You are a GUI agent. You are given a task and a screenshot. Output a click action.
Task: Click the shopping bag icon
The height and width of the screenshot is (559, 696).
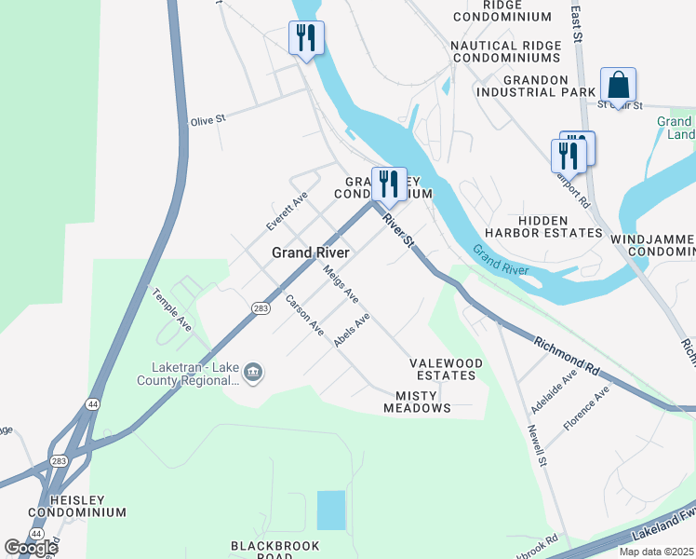(x=618, y=86)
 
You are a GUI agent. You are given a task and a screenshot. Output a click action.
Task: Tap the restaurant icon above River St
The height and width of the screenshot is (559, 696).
(x=389, y=184)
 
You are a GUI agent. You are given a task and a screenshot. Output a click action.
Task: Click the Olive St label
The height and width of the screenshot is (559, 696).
(x=208, y=120)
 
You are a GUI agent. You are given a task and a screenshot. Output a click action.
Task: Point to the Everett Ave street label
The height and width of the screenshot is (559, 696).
(x=286, y=211)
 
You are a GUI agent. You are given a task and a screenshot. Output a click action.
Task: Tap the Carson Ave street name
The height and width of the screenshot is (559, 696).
(x=304, y=315)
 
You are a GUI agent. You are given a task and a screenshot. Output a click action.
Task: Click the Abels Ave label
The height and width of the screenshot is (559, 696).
(x=353, y=331)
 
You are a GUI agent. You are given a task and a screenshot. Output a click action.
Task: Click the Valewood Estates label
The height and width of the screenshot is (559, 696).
(x=447, y=369)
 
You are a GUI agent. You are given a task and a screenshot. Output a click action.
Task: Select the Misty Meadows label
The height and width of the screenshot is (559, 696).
(x=417, y=402)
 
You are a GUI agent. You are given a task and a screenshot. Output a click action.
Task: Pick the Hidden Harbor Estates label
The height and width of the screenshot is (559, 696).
(x=547, y=225)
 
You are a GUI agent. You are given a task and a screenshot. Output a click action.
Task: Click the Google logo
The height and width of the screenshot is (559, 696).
(x=31, y=547)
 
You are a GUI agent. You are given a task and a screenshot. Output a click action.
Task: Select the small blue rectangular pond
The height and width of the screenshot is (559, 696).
(x=330, y=511)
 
